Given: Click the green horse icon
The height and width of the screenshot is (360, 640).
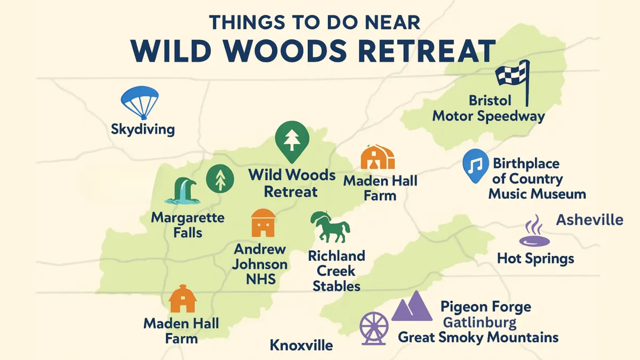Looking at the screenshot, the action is pos(330,227).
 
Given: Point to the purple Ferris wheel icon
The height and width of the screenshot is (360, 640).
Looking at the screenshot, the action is pos(374,329).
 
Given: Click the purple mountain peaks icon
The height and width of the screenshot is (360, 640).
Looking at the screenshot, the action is pos(412,306).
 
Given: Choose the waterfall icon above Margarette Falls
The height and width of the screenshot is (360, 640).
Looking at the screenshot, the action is pos(182,191).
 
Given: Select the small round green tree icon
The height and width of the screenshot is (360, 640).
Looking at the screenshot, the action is pos(220,179).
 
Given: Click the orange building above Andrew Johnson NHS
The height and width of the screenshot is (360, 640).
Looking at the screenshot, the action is pos(263,223).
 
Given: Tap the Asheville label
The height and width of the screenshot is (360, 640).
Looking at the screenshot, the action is pos(590,220).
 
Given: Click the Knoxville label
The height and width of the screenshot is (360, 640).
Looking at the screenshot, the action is pos(301,345).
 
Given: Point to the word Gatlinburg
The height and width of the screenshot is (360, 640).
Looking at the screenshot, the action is pos(479,323).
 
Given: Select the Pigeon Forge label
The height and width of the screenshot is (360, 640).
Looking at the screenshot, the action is pos(486,307).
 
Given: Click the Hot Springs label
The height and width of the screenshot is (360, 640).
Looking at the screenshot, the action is pos(535,259).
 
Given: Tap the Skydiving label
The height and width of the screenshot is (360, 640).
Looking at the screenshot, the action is pos(142,129).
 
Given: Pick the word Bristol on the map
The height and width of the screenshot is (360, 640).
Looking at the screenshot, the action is pos(490,101).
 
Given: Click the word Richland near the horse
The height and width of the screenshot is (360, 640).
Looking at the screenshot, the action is pos(337,256).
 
